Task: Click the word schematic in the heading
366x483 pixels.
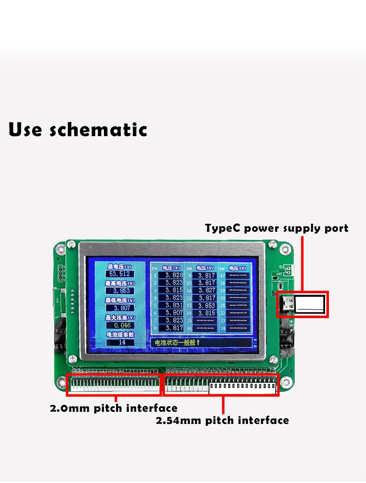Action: click(99, 130)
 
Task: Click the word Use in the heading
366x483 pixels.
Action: click(27, 130)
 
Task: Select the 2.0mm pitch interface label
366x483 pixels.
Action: click(114, 408)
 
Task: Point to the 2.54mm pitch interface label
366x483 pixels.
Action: click(222, 420)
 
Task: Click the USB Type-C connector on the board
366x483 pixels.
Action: click(285, 304)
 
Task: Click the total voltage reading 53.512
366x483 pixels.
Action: click(121, 274)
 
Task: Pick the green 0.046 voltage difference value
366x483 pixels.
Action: click(122, 325)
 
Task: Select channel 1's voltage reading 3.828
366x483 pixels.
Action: click(174, 275)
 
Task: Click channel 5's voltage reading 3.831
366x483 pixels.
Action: click(174, 305)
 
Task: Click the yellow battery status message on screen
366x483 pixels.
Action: click(178, 342)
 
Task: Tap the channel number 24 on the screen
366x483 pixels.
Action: click(223, 328)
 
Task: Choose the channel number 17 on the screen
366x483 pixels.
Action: click(223, 276)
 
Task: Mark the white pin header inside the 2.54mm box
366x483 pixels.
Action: click(242, 388)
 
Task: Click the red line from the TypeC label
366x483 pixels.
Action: click(303, 263)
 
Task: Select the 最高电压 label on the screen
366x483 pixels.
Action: click(120, 283)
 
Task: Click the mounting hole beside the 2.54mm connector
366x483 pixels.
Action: click(287, 382)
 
